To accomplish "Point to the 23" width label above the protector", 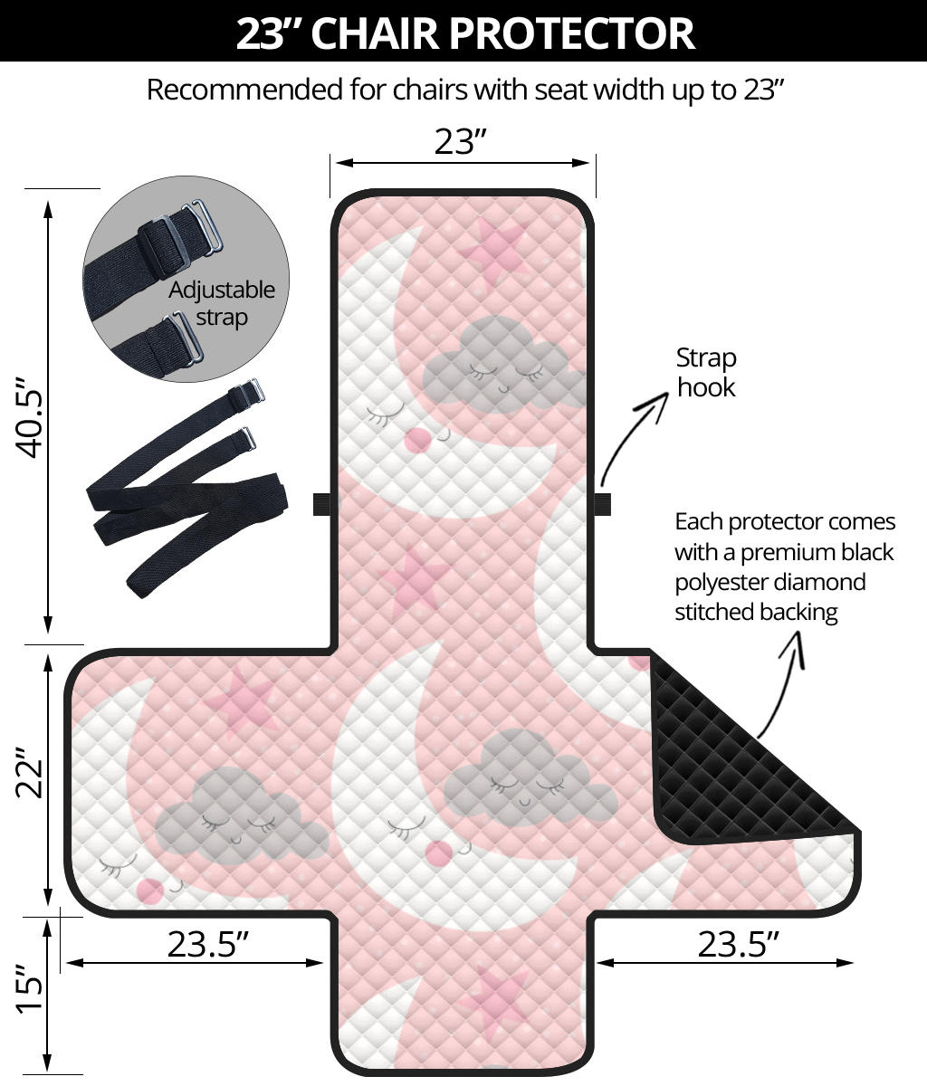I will [461, 141].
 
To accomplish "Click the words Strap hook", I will [706, 372].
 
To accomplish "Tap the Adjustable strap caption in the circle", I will [222, 303].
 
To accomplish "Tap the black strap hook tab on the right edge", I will [602, 504].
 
